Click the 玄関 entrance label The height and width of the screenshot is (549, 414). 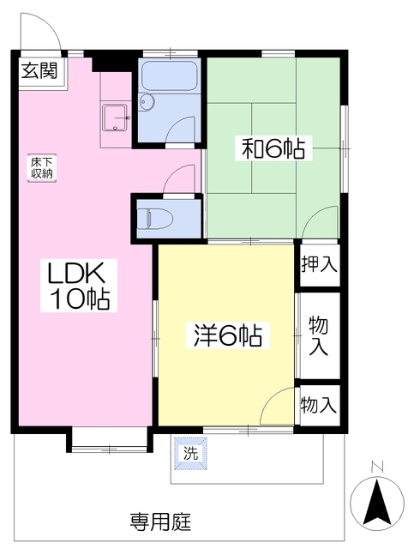coord(39,71)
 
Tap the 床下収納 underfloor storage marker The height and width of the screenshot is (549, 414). coord(42,168)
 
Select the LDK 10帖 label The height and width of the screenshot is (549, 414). coord(78,285)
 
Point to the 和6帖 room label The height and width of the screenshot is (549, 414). coord(273,148)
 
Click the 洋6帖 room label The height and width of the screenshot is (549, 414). coord(228,335)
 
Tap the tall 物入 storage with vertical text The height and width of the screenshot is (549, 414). coord(319,335)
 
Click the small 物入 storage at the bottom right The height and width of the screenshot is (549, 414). coord(319,405)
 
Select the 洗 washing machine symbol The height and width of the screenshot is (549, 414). coord(191,454)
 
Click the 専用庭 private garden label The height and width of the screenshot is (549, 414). coord(161,522)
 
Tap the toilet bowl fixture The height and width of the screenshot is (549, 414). coord(155,220)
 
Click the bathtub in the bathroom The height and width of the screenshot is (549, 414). coord(170,76)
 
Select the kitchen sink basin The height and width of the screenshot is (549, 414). coord(114,118)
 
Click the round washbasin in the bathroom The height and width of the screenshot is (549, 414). coord(147,102)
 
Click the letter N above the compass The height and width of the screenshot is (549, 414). coord(377,466)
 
